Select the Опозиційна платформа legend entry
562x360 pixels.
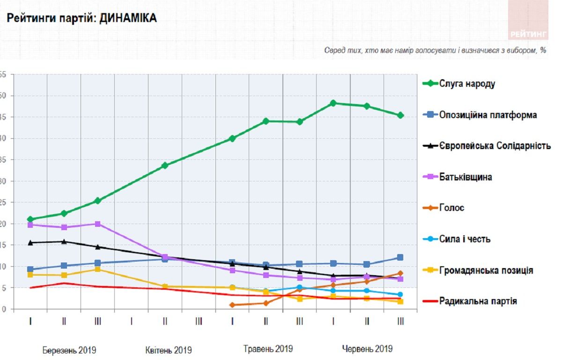coord(488,115)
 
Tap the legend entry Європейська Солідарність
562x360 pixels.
coord(495,146)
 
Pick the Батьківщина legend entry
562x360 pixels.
coord(465,177)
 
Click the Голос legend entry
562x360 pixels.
coord(451,208)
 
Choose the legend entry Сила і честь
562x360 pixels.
coord(465,239)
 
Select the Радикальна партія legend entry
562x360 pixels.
coord(478,301)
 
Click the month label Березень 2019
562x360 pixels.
coord(69,350)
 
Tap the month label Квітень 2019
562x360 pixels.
coord(168,350)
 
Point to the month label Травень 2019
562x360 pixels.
coord(268,349)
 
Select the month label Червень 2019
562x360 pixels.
coord(367,349)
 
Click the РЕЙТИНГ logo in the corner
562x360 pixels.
coord(528,34)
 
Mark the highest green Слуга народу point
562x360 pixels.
coord(333,103)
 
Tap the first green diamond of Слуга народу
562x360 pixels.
coord(30,219)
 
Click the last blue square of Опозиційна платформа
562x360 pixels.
coord(400,257)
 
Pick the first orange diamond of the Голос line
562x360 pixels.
coord(232,305)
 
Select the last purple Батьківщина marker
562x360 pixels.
coord(400,279)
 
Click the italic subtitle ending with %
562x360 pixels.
coord(435,51)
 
